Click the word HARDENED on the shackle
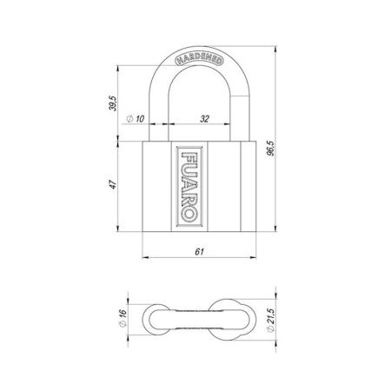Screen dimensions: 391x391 pos(199,60)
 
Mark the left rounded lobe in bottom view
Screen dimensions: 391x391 pos(156,319)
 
